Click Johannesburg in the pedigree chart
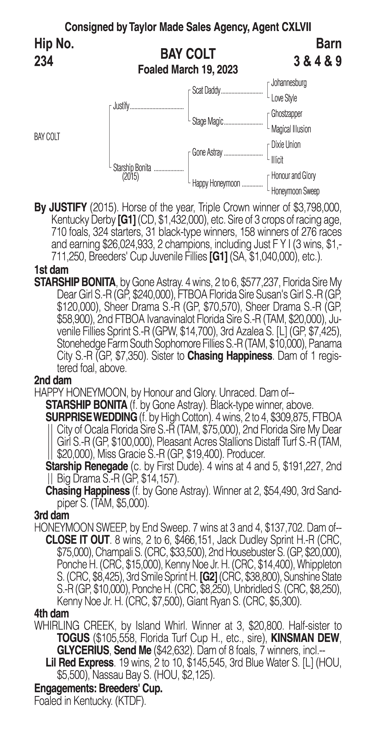click(289, 83)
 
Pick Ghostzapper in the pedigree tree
click(286, 114)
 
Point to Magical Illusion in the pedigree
click(291, 129)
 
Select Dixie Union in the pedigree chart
click(286, 145)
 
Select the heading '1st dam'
click(51, 270)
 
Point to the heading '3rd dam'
click(52, 515)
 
